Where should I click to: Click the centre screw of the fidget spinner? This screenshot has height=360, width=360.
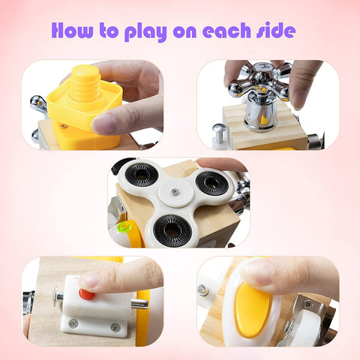[x=175, y=192]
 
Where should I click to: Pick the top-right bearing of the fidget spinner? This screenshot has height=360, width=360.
[x=212, y=181]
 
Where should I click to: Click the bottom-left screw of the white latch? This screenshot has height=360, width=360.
[x=73, y=324]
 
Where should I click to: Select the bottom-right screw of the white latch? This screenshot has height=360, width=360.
[x=115, y=327]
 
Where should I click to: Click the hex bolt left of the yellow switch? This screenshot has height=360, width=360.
[x=203, y=289]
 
